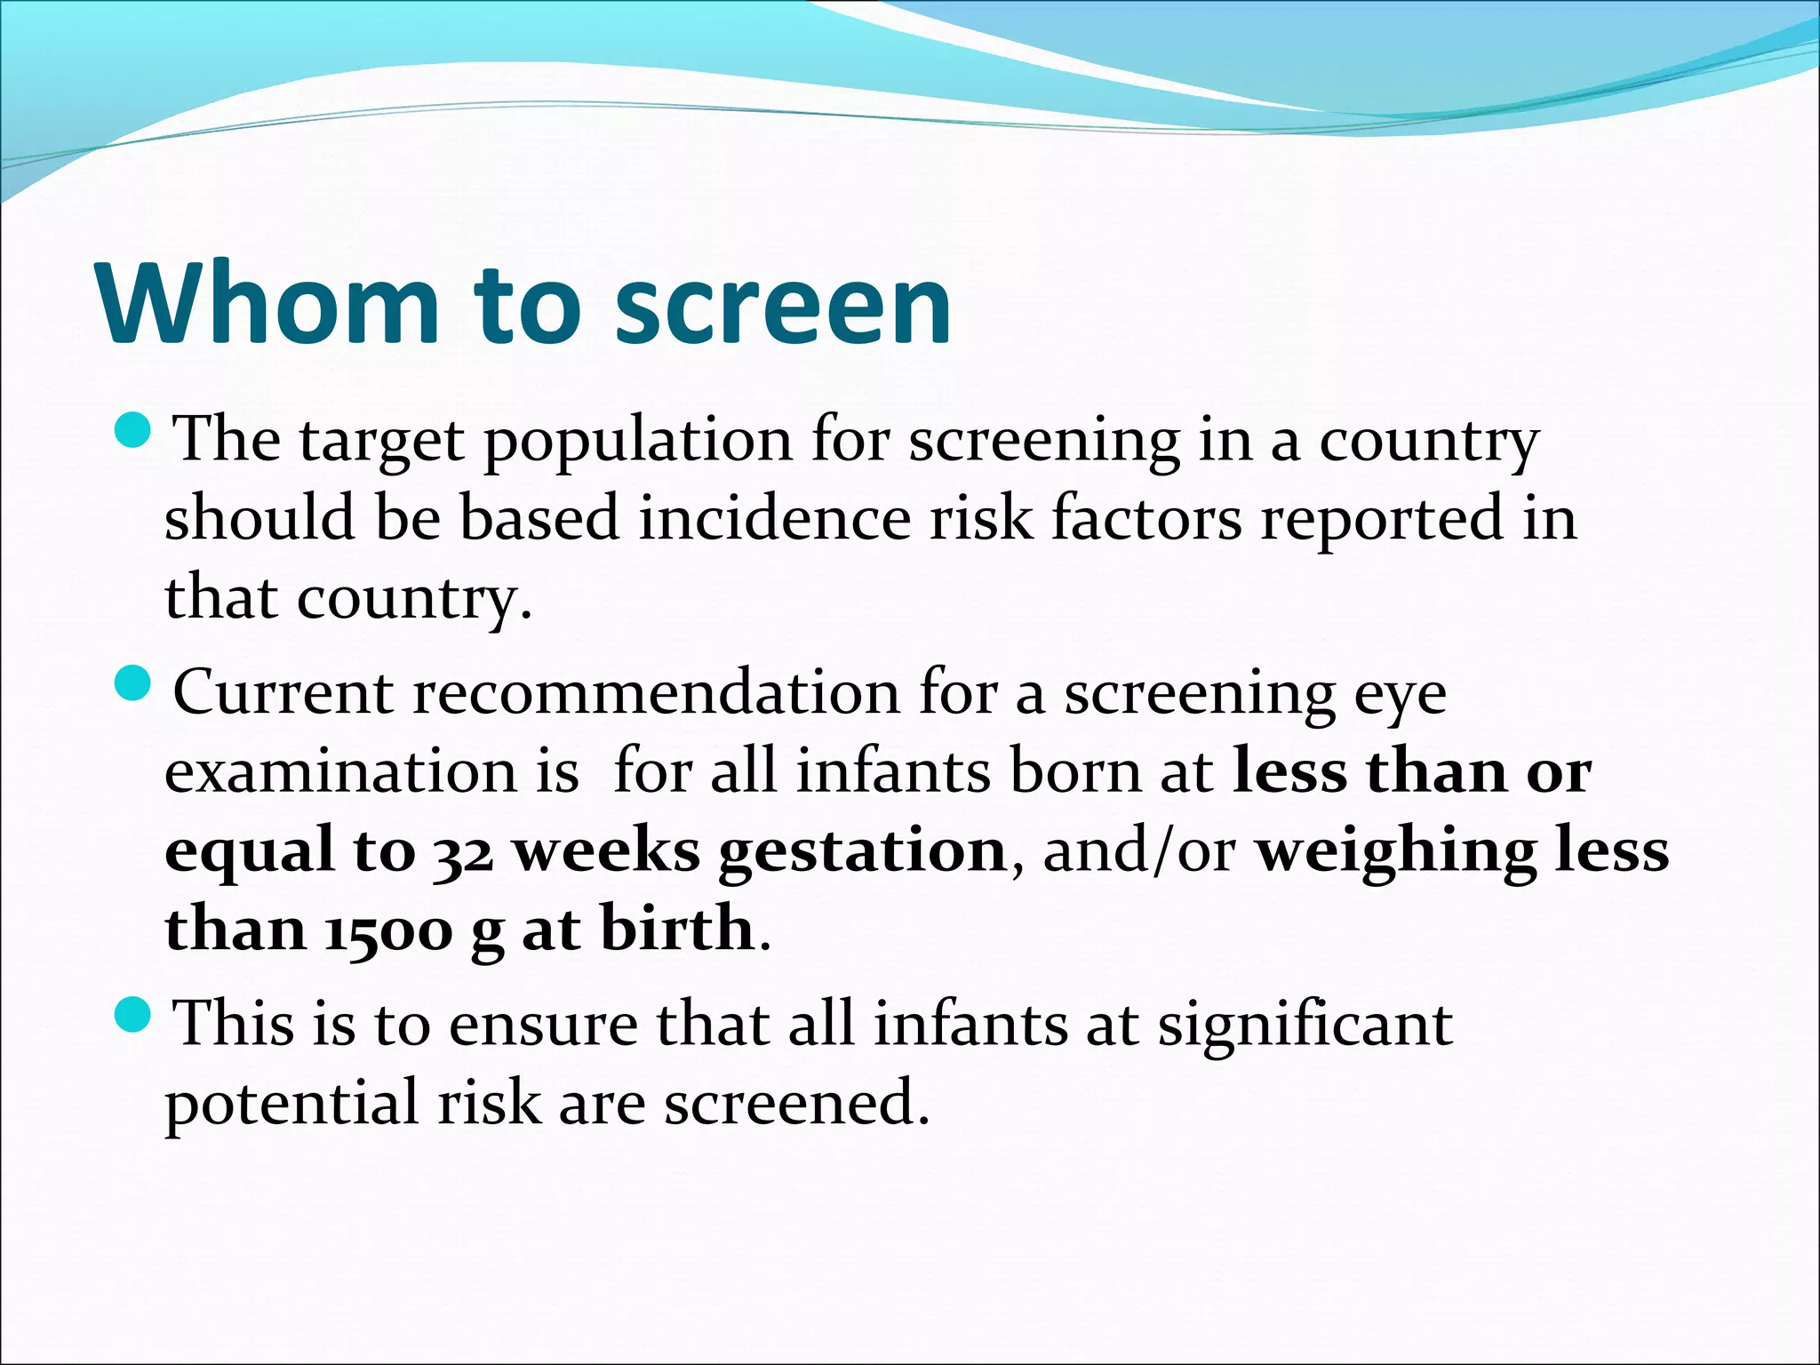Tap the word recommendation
point(656,692)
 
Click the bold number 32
point(463,853)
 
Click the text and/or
point(1138,850)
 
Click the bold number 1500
point(388,930)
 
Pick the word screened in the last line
point(795,1102)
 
